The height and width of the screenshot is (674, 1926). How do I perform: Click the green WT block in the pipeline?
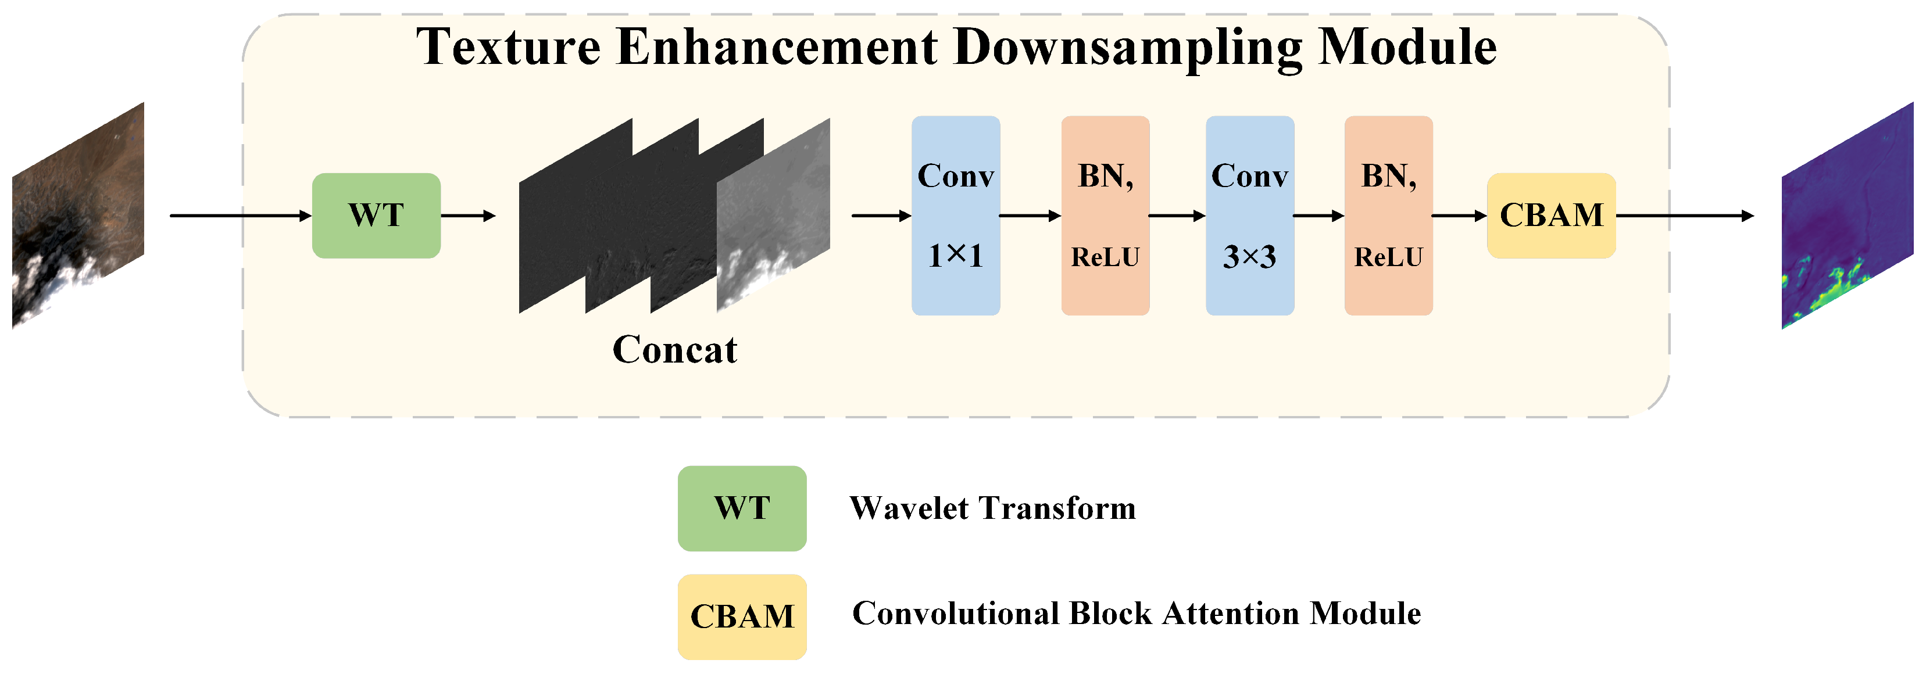pyautogui.click(x=376, y=216)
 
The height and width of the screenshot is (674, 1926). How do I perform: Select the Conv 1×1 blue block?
pyautogui.click(x=956, y=216)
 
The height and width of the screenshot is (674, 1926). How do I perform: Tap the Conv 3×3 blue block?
pyautogui.click(x=1249, y=216)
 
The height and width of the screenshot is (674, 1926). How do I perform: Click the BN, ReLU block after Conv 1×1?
pyautogui.click(x=1105, y=216)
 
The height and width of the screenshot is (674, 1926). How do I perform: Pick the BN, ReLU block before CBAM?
pyautogui.click(x=1388, y=216)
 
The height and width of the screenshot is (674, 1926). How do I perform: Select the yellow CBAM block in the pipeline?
pyautogui.click(x=1552, y=216)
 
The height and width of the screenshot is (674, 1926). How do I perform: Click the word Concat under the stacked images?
pyautogui.click(x=674, y=350)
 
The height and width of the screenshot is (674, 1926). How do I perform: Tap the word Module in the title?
pyautogui.click(x=1406, y=47)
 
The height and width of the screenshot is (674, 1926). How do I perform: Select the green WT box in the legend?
pyautogui.click(x=742, y=509)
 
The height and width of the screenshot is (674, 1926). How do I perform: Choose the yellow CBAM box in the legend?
pyautogui.click(x=742, y=616)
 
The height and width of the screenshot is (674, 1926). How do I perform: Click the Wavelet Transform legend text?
pyautogui.click(x=992, y=509)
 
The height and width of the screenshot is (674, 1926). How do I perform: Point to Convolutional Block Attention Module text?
pyautogui.click(x=1136, y=614)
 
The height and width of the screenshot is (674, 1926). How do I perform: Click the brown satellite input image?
pyautogui.click(x=78, y=217)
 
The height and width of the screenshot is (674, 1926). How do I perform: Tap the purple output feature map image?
pyautogui.click(x=1847, y=217)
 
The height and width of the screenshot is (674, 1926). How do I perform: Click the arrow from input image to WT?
pyautogui.click(x=240, y=216)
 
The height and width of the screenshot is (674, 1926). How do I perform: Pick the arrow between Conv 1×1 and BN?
pyautogui.click(x=1030, y=216)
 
